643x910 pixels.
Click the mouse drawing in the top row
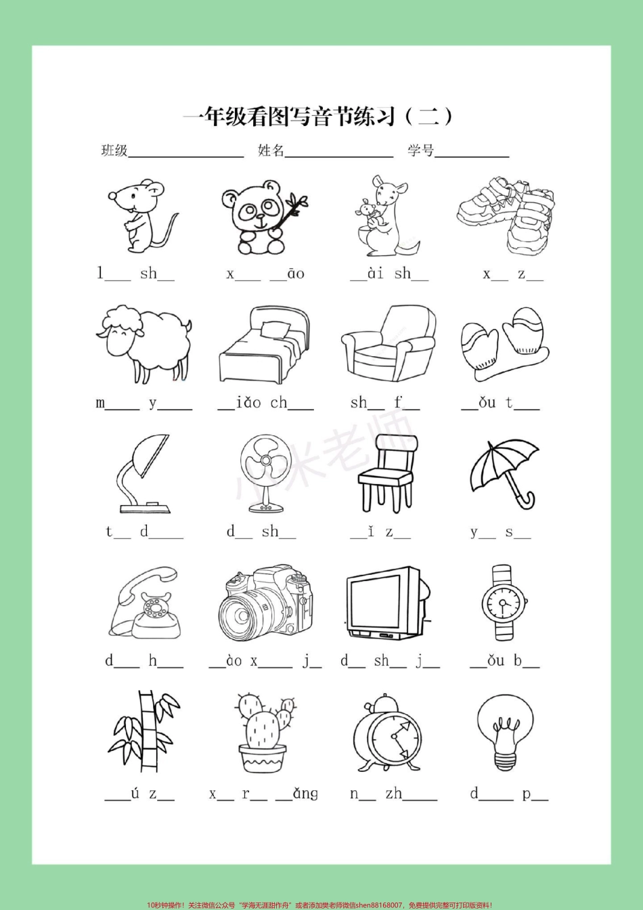pos(141,217)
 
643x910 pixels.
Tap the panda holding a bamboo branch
pos(263,217)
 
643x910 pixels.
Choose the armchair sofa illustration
pos(388,343)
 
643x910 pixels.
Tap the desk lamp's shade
pos(151,456)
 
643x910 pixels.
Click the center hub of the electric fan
pos(265,460)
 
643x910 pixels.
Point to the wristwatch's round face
pos(504,603)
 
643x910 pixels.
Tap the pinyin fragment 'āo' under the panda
pos(296,274)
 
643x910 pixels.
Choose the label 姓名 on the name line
pos(271,151)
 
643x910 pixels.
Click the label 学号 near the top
pos(421,151)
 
